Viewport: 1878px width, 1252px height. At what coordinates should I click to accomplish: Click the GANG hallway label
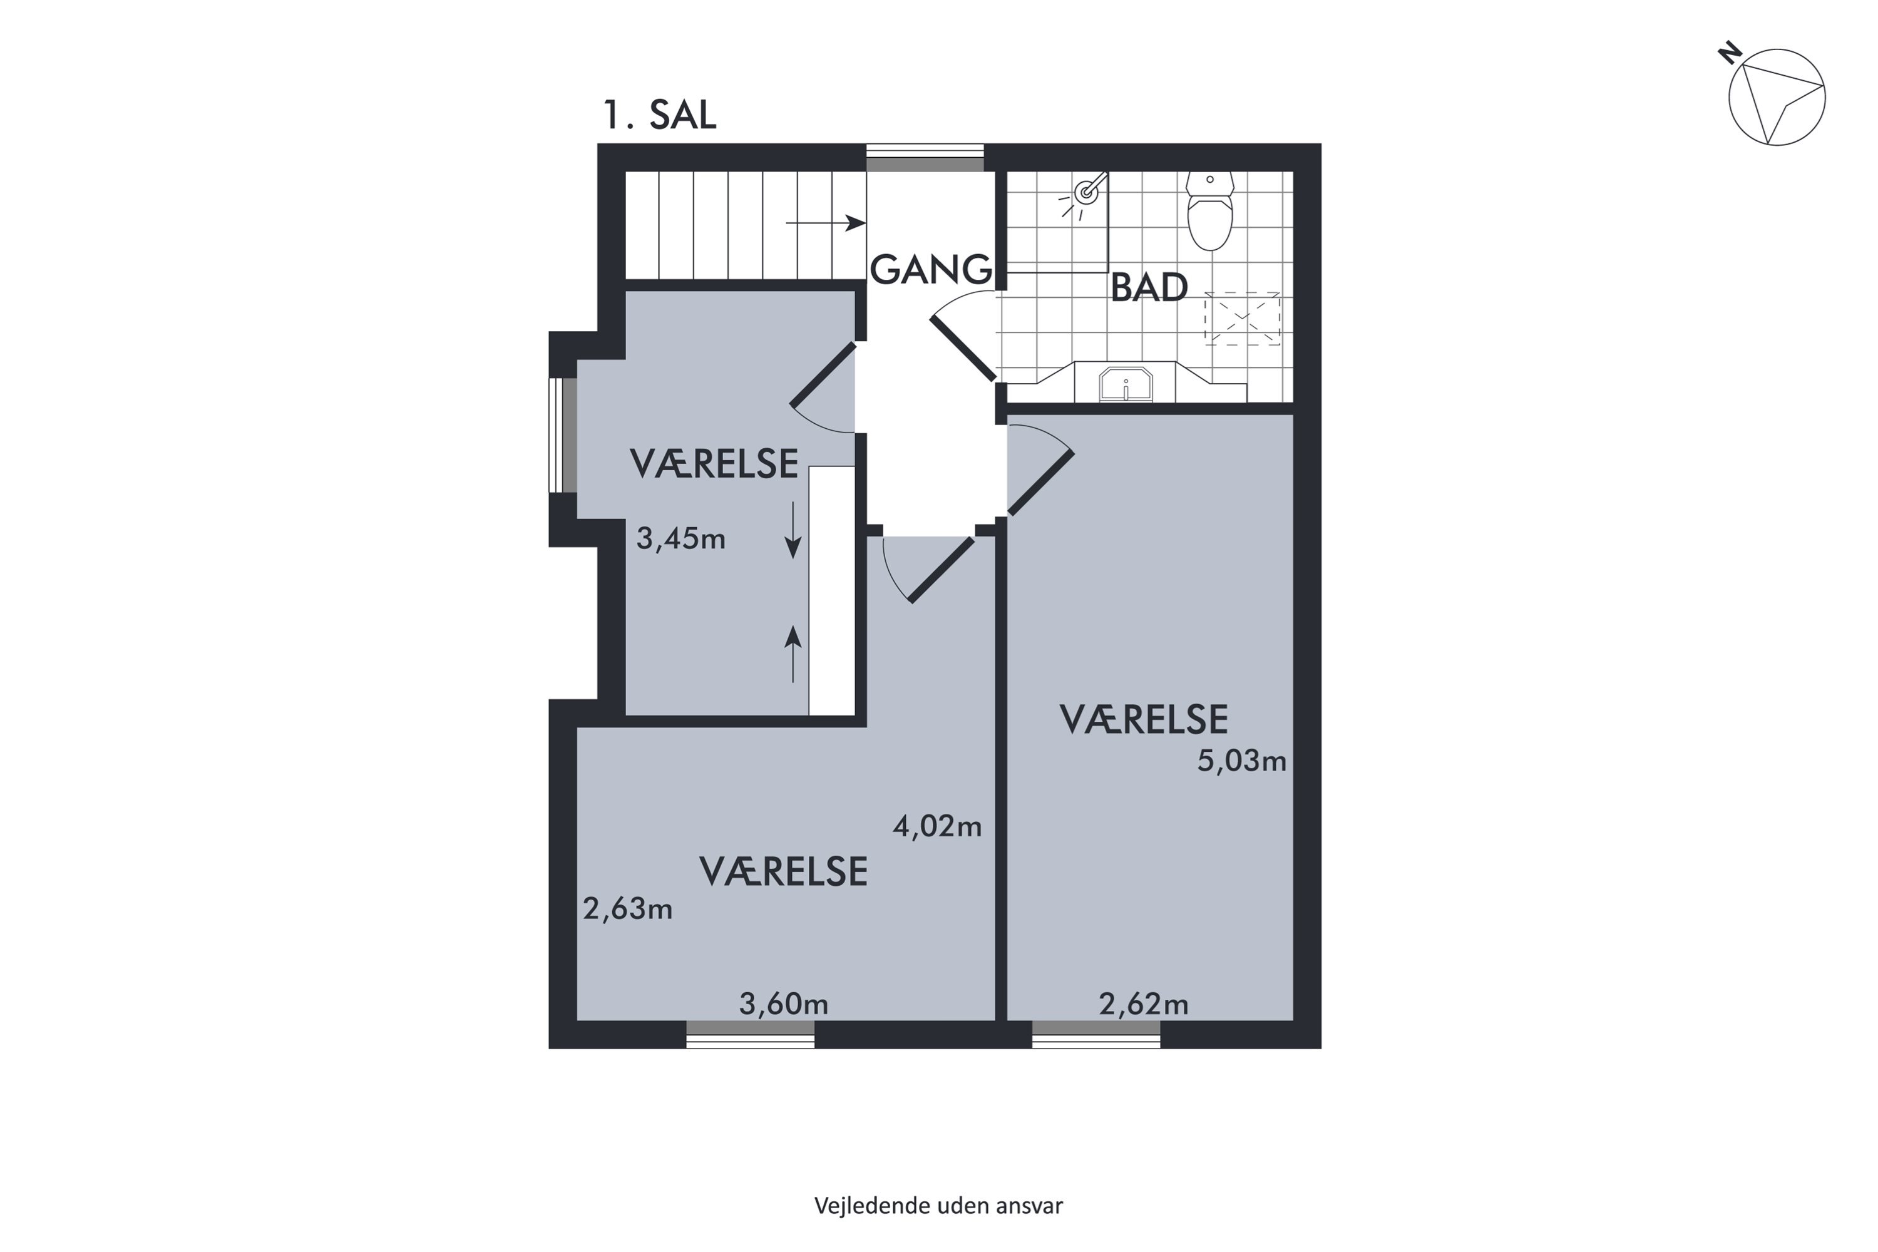[930, 270]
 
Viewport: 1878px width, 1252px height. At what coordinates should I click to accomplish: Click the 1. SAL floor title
[660, 115]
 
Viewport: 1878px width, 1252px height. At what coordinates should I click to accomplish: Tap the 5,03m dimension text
[1241, 761]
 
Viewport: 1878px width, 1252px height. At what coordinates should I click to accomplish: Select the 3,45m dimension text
[680, 539]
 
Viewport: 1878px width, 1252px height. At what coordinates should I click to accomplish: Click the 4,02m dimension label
[936, 826]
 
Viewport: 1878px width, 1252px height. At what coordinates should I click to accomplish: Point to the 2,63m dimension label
[628, 910]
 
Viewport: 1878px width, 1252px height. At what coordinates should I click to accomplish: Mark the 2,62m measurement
[1144, 1003]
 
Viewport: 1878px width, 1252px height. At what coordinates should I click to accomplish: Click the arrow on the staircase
[826, 223]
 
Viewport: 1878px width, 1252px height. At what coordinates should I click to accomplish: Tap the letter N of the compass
[1730, 53]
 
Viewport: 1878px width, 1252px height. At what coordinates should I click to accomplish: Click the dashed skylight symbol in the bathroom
[1243, 319]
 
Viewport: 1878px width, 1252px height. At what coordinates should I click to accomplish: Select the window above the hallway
[925, 158]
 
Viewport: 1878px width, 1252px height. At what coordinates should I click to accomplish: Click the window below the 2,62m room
[1096, 1034]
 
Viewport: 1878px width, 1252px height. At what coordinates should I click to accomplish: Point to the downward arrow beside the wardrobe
[793, 530]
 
